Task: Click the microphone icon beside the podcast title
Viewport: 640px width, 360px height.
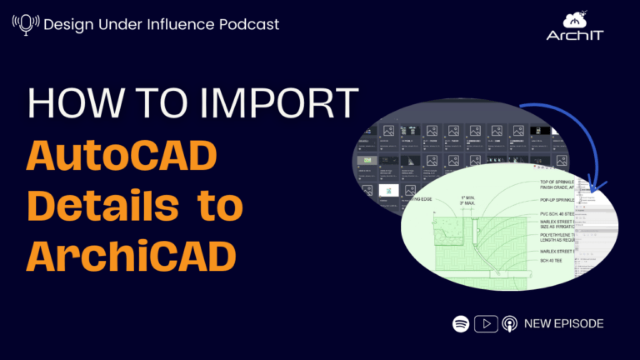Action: (x=25, y=24)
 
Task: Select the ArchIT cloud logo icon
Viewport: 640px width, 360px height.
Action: (x=575, y=22)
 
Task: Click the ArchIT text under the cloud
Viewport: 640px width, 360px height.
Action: (x=574, y=36)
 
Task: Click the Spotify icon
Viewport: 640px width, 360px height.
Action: (x=460, y=323)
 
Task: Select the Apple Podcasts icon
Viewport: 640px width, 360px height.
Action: (x=509, y=323)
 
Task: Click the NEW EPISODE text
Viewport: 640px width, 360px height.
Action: (x=563, y=323)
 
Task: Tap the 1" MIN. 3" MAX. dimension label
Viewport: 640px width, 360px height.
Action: (x=472, y=201)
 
